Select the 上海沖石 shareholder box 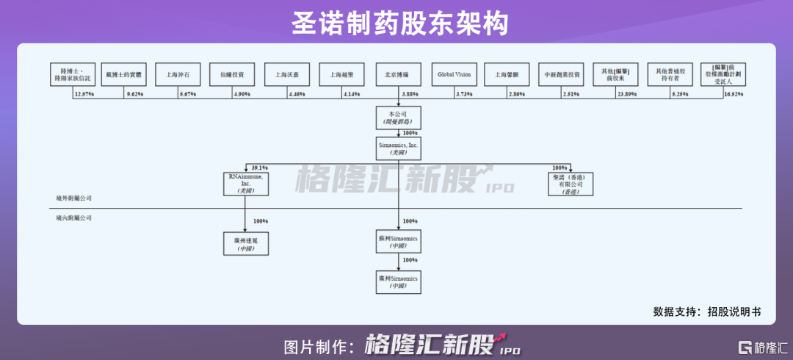pos(177,74)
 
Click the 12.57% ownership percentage pos(84,95)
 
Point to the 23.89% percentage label pos(627,95)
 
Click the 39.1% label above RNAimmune pos(261,167)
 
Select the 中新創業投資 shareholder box pos(562,74)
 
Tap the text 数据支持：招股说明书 pos(707,312)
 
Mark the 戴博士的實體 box pos(123,74)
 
